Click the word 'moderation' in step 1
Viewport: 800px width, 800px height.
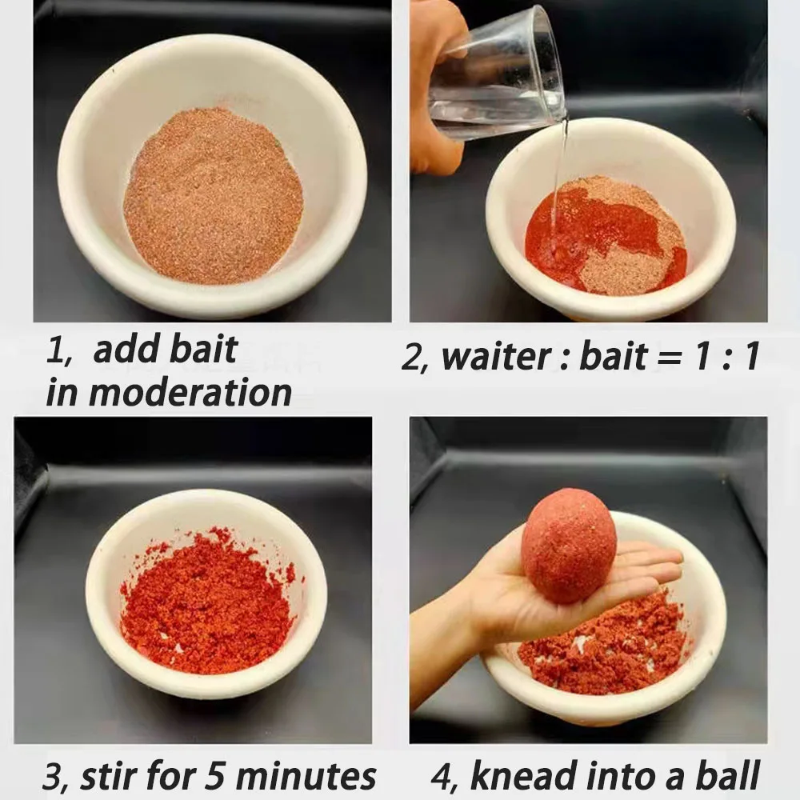tap(190, 392)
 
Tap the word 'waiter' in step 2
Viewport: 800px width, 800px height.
tap(495, 356)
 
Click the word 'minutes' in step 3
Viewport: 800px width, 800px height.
tap(306, 776)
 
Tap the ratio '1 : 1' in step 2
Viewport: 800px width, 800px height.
tap(726, 356)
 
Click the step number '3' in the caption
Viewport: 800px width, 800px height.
tap(52, 777)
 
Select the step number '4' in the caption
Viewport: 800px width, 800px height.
tap(442, 776)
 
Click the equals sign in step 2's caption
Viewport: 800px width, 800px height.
tap(670, 358)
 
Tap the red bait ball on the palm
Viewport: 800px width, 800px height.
tap(568, 545)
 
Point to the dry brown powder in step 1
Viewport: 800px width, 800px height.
tap(214, 197)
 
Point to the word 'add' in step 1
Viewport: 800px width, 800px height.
tap(125, 350)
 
